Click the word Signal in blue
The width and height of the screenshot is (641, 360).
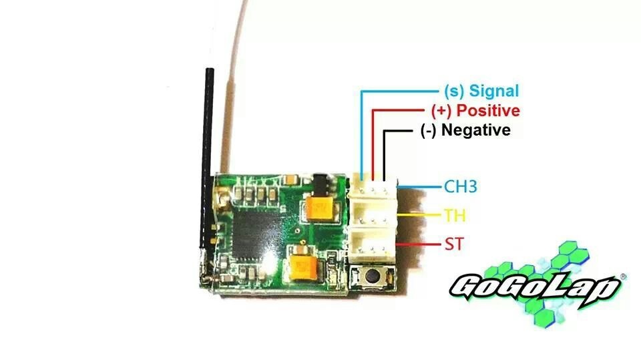[x=494, y=91]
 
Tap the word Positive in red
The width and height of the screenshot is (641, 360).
[x=488, y=110]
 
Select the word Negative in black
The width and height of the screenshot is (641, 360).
[x=476, y=130]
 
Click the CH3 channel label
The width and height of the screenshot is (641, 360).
[x=461, y=186]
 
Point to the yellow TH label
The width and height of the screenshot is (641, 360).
[x=455, y=215]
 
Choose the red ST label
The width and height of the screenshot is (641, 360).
[x=454, y=244]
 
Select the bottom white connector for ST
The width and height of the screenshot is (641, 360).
[x=372, y=245]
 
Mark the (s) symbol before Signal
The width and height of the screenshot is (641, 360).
[x=454, y=92]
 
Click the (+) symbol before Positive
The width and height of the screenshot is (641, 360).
[x=441, y=111]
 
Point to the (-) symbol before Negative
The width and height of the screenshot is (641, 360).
[x=429, y=130]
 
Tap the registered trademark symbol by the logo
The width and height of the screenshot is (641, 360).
[x=623, y=277]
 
